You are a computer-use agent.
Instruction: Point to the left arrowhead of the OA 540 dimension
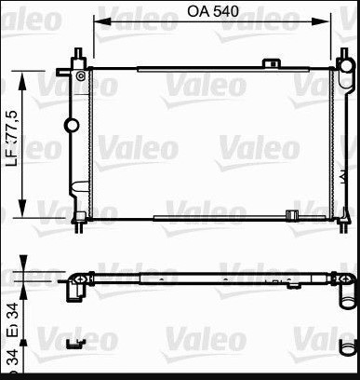coord(96,23)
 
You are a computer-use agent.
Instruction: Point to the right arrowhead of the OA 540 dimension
coord(331,23)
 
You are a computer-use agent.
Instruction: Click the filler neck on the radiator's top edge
coord(272,62)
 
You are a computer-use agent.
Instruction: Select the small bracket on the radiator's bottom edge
coord(291,217)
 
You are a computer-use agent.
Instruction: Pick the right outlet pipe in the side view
coord(346,292)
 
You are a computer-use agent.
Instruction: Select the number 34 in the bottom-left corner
coord(12,359)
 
